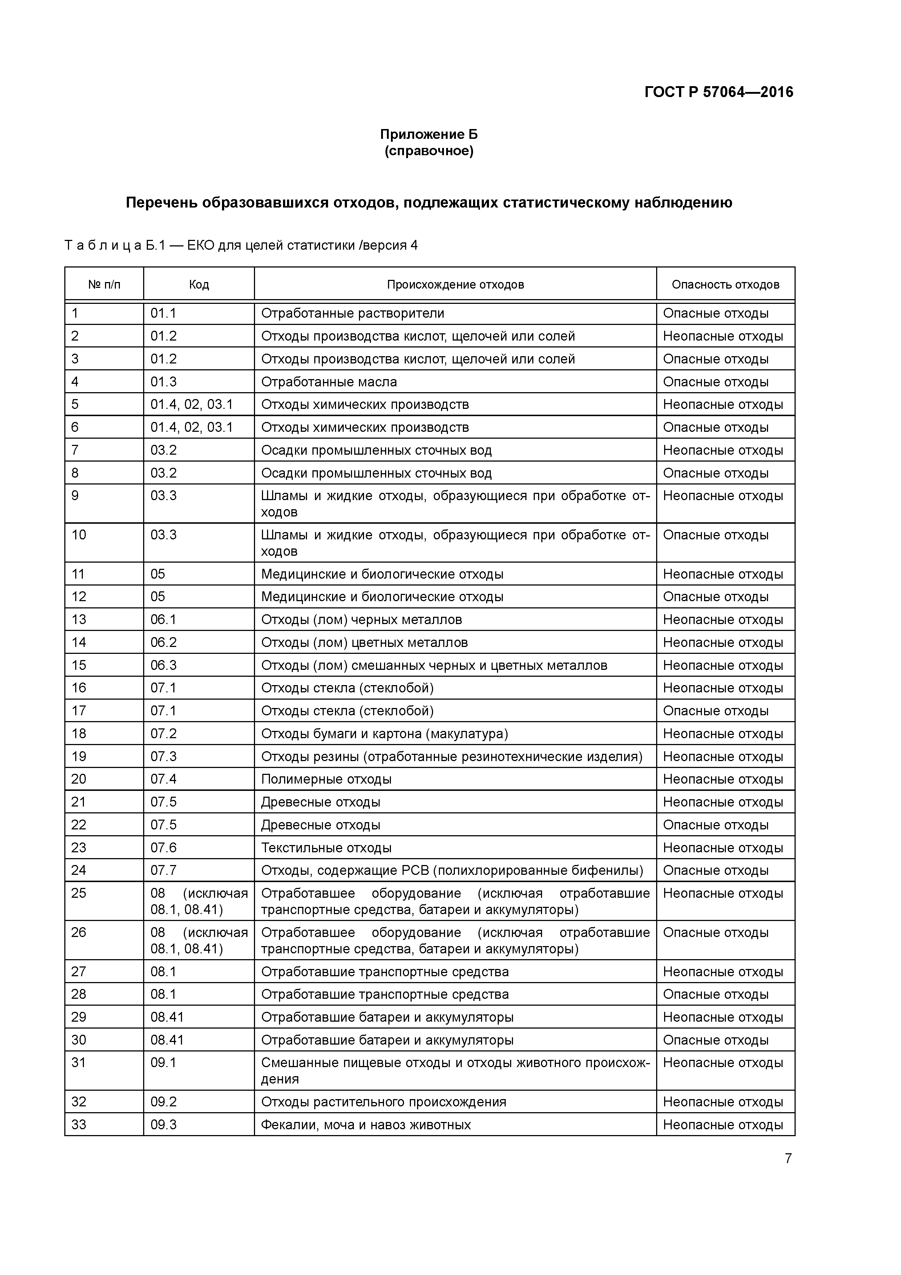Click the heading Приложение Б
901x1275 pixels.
429,134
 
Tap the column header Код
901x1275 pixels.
199,285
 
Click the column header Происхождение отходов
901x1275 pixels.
455,285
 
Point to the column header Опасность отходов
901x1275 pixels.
725,285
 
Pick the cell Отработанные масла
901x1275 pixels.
329,382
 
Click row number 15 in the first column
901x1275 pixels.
79,665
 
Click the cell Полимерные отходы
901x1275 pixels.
326,779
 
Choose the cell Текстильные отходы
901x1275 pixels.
326,848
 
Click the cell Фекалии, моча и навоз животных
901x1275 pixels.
366,1125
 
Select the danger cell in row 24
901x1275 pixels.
716,870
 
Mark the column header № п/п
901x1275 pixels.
104,285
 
